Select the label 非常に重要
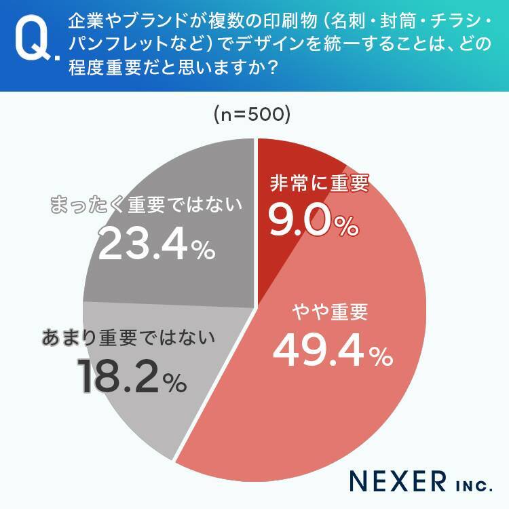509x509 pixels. pyautogui.click(x=319, y=185)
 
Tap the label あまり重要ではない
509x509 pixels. pyautogui.click(x=129, y=337)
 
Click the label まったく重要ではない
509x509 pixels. pyautogui.click(x=147, y=204)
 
